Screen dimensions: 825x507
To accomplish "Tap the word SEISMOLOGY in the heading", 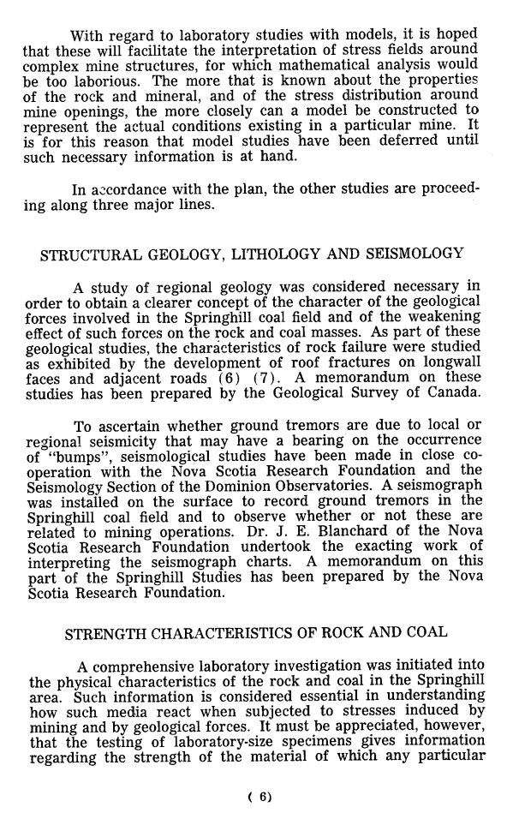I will click(x=414, y=254).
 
